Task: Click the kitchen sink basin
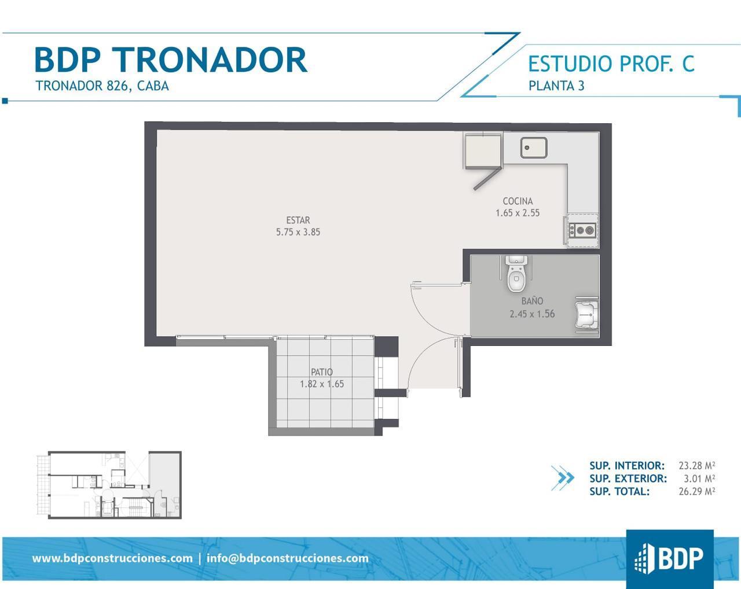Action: (533, 148)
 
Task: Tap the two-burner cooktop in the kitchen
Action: (582, 230)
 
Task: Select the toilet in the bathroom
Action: (516, 274)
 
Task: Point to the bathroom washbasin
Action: (587, 314)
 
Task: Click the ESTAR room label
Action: (298, 220)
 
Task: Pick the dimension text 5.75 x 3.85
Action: (298, 233)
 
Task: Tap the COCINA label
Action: (518, 201)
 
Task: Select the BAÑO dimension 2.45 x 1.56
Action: (532, 314)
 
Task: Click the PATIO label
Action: (322, 372)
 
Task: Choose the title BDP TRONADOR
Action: (171, 60)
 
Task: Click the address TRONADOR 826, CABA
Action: (102, 86)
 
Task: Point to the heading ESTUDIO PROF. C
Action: (611, 64)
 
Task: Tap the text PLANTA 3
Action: (556, 86)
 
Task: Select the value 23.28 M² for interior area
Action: (697, 465)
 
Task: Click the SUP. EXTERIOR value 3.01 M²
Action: (699, 478)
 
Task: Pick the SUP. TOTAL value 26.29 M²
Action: (697, 491)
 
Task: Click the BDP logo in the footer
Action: (669, 559)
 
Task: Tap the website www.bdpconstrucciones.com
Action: (112, 558)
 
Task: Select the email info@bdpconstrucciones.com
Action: (288, 558)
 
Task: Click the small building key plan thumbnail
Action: (109, 485)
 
